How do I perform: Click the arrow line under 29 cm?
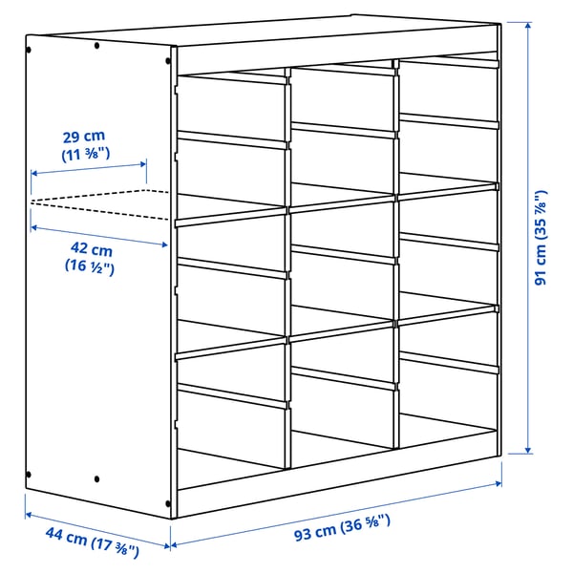click(89, 169)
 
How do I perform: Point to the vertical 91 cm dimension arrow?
click(526, 239)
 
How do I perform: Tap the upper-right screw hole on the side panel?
click(98, 44)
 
